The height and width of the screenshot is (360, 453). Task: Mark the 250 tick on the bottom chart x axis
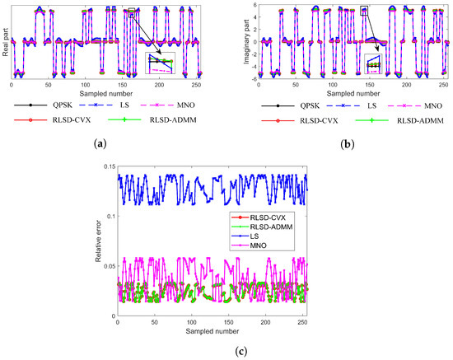point(300,320)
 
